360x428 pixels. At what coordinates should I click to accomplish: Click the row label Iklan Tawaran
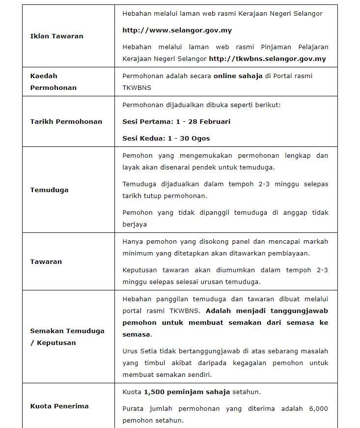pos(56,36)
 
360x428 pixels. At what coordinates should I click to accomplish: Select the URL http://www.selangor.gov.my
pos(177,30)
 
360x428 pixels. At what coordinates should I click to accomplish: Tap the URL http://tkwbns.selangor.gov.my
pos(267,58)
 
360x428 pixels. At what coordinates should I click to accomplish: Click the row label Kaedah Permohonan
pos(53,82)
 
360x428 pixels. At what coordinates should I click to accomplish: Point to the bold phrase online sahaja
pos(238,76)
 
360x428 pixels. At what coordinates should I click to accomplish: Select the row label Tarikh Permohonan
pos(66,121)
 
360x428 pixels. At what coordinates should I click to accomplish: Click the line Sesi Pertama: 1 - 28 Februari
pos(176,121)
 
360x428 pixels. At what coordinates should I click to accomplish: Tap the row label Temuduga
pos(49,190)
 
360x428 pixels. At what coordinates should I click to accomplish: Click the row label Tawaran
pos(46,261)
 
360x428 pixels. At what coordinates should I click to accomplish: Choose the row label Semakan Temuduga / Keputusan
pos(67,337)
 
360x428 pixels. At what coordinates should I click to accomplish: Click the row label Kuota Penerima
pos(59,406)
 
